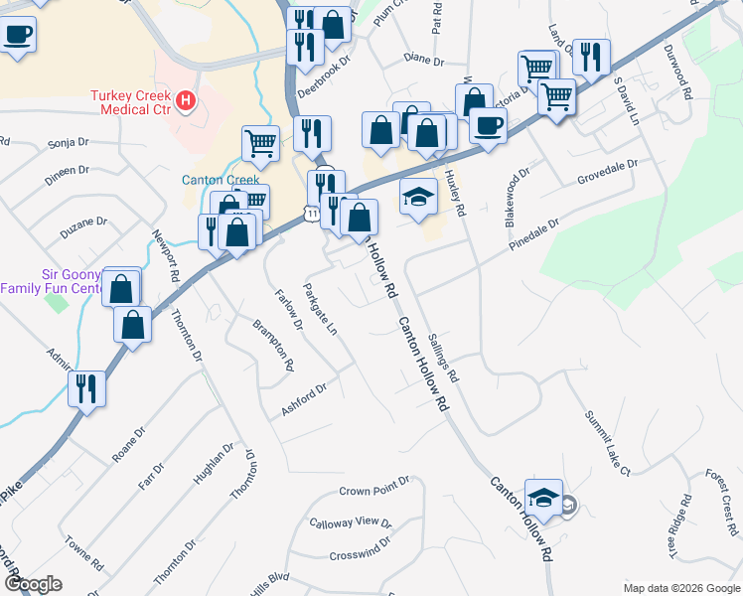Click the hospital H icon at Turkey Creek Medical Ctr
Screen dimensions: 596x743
click(185, 100)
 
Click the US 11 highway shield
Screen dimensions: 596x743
click(312, 213)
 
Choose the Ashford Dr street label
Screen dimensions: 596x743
click(304, 399)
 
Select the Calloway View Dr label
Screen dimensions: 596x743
click(351, 522)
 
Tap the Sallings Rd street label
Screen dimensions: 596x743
click(443, 358)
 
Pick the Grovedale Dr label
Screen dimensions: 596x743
click(607, 173)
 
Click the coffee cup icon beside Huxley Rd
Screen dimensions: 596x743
click(488, 124)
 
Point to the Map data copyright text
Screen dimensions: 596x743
click(680, 588)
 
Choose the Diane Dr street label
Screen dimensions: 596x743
click(424, 60)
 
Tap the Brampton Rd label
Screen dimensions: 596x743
click(272, 344)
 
